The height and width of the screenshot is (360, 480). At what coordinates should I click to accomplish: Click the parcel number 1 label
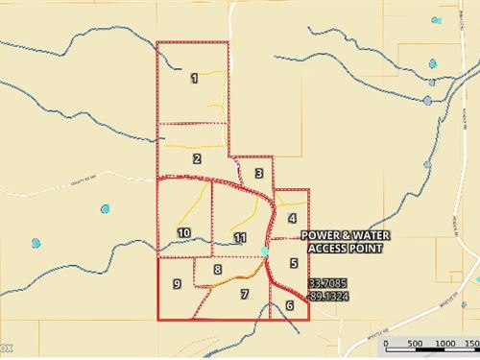(194, 78)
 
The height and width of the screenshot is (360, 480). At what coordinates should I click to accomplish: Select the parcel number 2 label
(196, 159)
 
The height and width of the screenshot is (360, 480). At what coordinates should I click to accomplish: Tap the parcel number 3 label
(258, 173)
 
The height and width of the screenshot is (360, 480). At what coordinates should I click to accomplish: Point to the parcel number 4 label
(292, 218)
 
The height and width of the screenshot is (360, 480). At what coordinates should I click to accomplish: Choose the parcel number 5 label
(293, 262)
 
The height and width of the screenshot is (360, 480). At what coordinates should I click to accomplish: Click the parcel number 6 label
(289, 306)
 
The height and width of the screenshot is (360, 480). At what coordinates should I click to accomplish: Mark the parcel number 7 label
(245, 294)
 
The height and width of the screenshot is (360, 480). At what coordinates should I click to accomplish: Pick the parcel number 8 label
(218, 271)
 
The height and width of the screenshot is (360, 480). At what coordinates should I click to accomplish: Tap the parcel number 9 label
(178, 284)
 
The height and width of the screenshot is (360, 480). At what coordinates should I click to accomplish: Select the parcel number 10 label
(183, 232)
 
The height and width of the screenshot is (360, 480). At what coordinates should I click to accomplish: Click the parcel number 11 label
(239, 237)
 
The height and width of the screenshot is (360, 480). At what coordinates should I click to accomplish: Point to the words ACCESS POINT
(346, 249)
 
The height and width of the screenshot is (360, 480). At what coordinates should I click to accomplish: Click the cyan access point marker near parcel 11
(265, 252)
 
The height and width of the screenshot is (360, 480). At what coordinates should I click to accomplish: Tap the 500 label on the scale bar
(416, 343)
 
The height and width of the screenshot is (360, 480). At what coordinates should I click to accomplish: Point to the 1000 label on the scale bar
(444, 343)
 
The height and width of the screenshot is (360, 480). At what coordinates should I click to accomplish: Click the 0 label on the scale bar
(385, 343)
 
